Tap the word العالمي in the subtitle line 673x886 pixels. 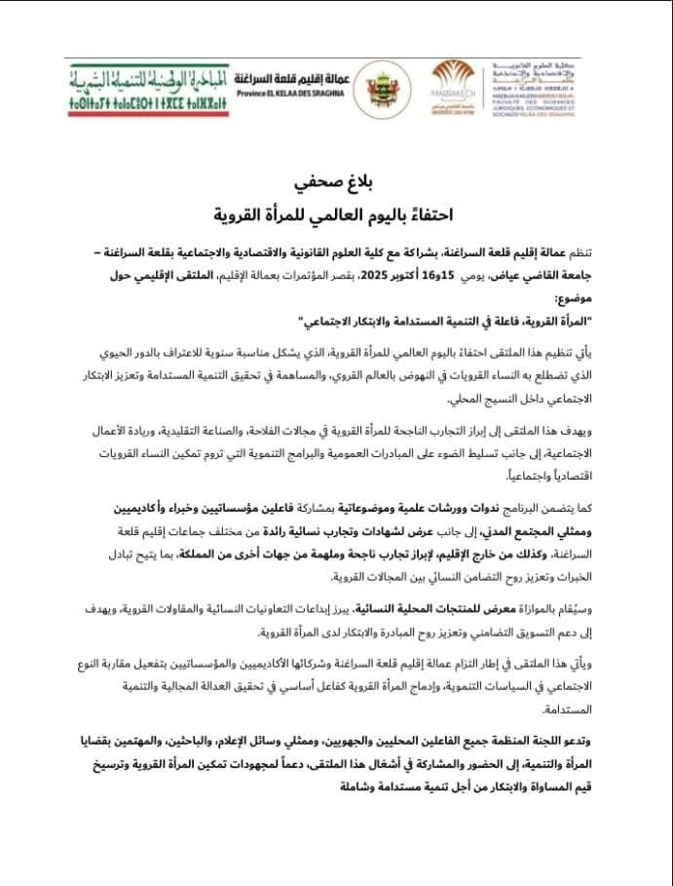pos(327,211)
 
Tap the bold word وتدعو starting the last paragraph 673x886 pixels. pos(610,744)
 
